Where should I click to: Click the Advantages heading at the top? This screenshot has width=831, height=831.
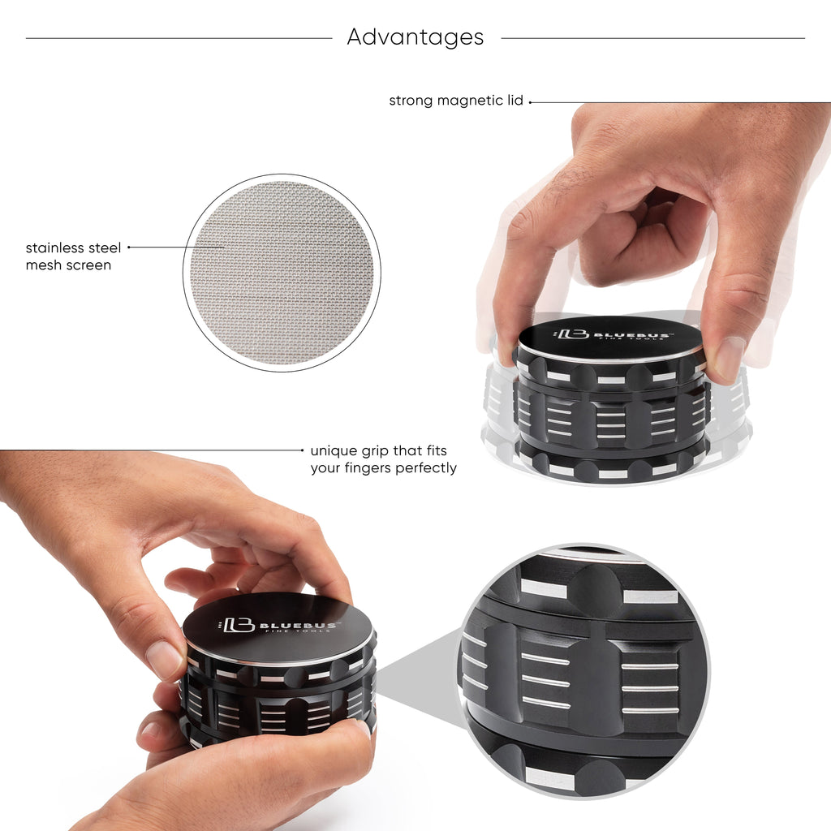pos(415,37)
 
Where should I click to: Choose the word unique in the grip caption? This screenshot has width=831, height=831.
pos(334,450)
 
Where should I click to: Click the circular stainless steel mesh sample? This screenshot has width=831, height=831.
pos(282,273)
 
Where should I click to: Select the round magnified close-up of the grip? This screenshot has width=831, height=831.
pos(583,670)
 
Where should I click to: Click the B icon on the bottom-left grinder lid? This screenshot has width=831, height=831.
pos(239,625)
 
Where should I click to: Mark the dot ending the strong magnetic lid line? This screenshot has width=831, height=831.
pos(531,102)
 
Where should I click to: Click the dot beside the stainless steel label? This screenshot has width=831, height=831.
pos(129,248)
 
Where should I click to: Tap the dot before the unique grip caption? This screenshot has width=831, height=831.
pos(303,450)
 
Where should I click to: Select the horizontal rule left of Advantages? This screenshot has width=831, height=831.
pos(179,38)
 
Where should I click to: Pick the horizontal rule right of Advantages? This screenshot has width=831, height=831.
pos(652,38)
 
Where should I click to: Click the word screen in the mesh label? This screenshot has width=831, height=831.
pos(90,265)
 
